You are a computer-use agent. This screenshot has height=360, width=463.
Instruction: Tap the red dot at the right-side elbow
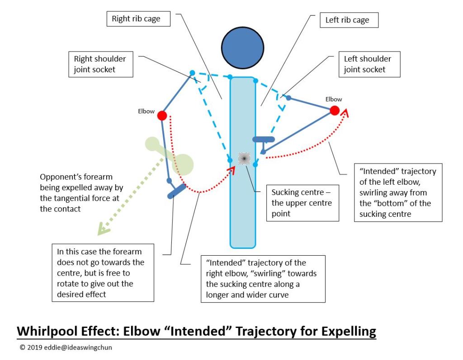334,111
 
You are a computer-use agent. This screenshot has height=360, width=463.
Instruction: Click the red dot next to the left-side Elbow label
162,116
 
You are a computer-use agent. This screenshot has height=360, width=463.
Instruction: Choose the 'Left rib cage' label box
347,20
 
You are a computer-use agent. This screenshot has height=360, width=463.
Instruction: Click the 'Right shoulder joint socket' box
100,64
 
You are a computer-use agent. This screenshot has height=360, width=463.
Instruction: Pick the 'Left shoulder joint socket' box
368,64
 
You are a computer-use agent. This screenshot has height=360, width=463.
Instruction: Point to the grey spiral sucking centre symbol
244,158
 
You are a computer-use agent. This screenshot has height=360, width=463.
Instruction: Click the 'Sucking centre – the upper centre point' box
302,203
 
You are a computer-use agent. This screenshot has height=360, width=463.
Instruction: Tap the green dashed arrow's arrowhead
103,231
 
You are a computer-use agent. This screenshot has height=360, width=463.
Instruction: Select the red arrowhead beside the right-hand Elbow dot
346,112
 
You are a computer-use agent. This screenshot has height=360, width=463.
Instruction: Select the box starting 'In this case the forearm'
103,272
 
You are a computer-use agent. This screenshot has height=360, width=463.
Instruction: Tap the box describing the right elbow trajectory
263,279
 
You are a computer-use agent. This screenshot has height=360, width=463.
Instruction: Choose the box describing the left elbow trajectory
398,192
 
